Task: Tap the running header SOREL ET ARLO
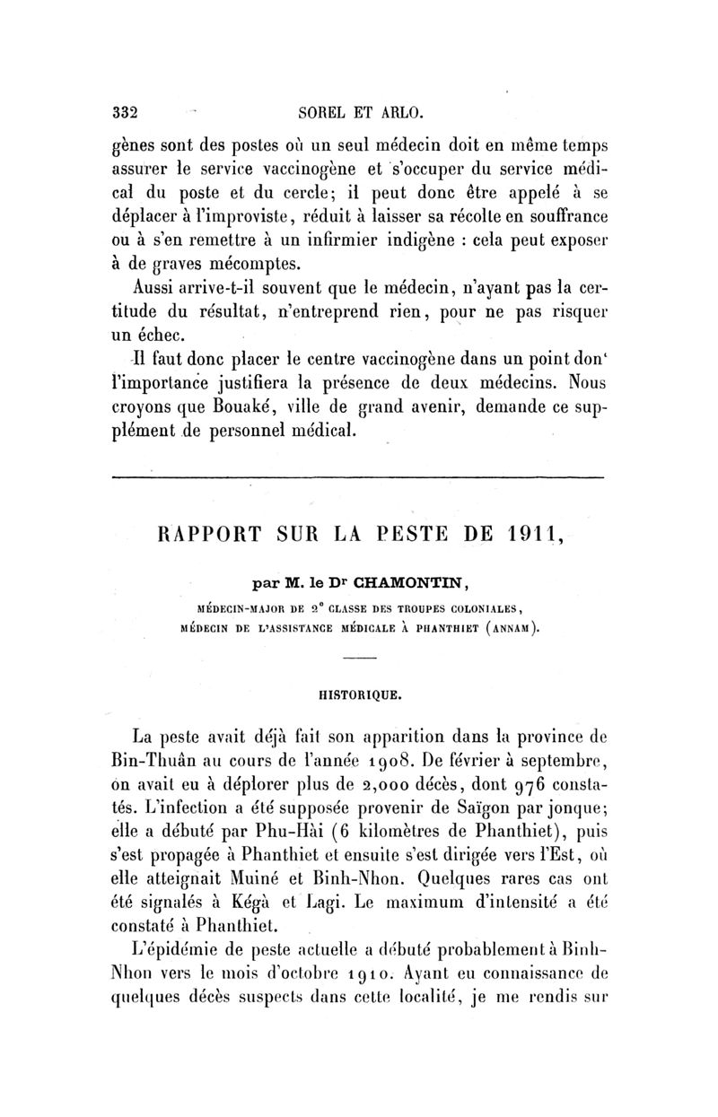tap(359, 114)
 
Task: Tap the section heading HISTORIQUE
tap(358, 693)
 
